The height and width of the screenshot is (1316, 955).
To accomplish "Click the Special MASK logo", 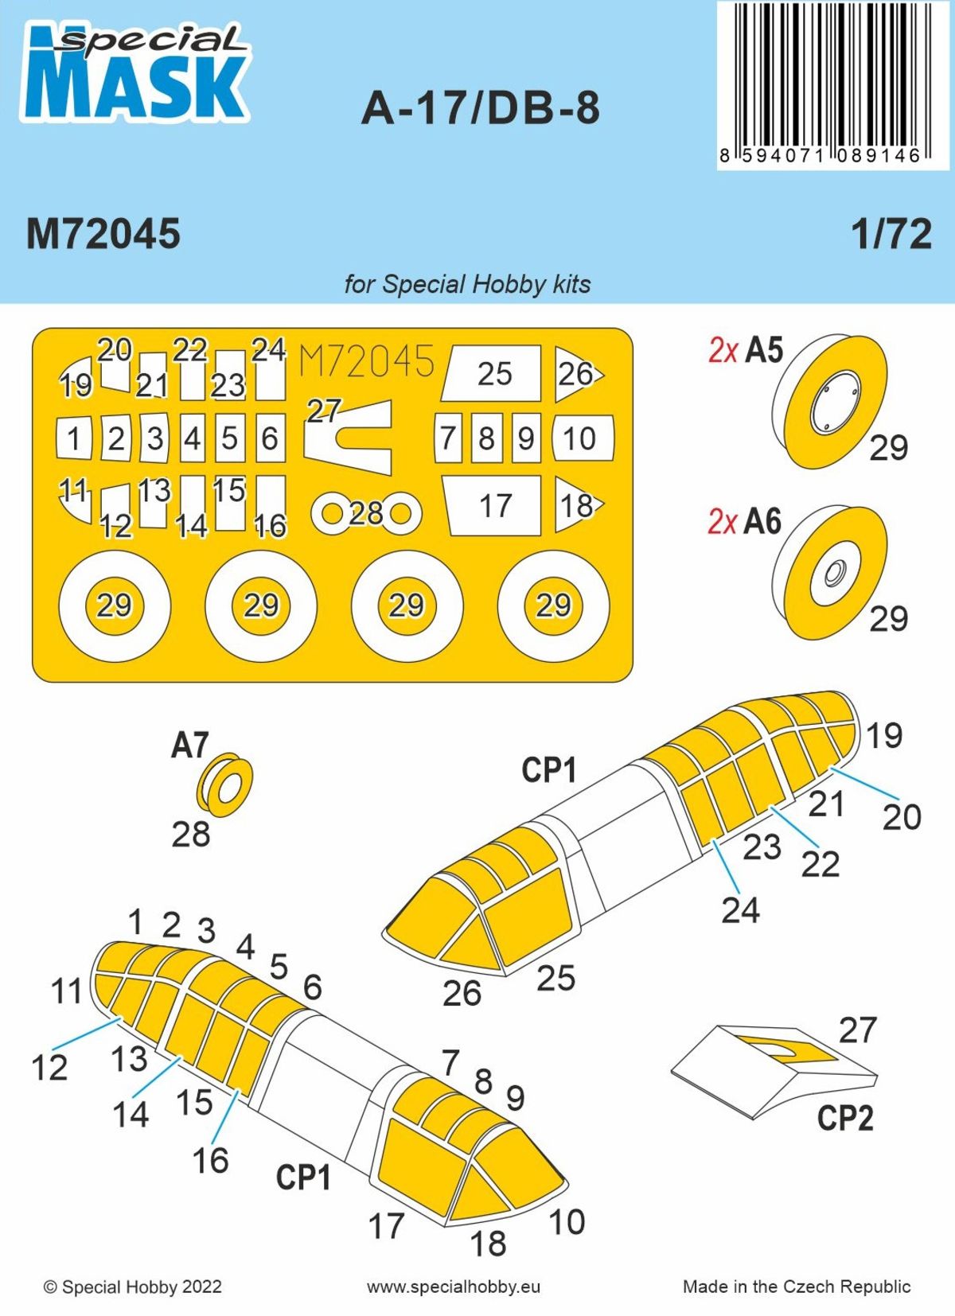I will [135, 74].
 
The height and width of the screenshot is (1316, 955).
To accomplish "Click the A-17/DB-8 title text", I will [481, 109].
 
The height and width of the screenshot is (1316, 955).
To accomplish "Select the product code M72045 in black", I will [103, 234].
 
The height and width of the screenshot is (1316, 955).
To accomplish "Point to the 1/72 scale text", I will [891, 234].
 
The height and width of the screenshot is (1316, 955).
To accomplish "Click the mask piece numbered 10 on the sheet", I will [581, 438].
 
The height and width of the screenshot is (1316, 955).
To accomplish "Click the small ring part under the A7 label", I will [224, 785].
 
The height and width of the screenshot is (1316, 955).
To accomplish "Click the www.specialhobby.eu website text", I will [454, 1287].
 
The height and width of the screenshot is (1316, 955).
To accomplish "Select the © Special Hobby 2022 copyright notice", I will [133, 1287].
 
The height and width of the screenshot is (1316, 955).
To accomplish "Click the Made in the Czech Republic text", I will [796, 1287].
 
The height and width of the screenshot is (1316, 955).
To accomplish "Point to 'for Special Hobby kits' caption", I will [467, 284].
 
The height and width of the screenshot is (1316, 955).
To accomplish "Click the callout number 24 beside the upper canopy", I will [740, 910].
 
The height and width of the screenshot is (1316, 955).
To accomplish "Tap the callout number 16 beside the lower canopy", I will [210, 1160].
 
